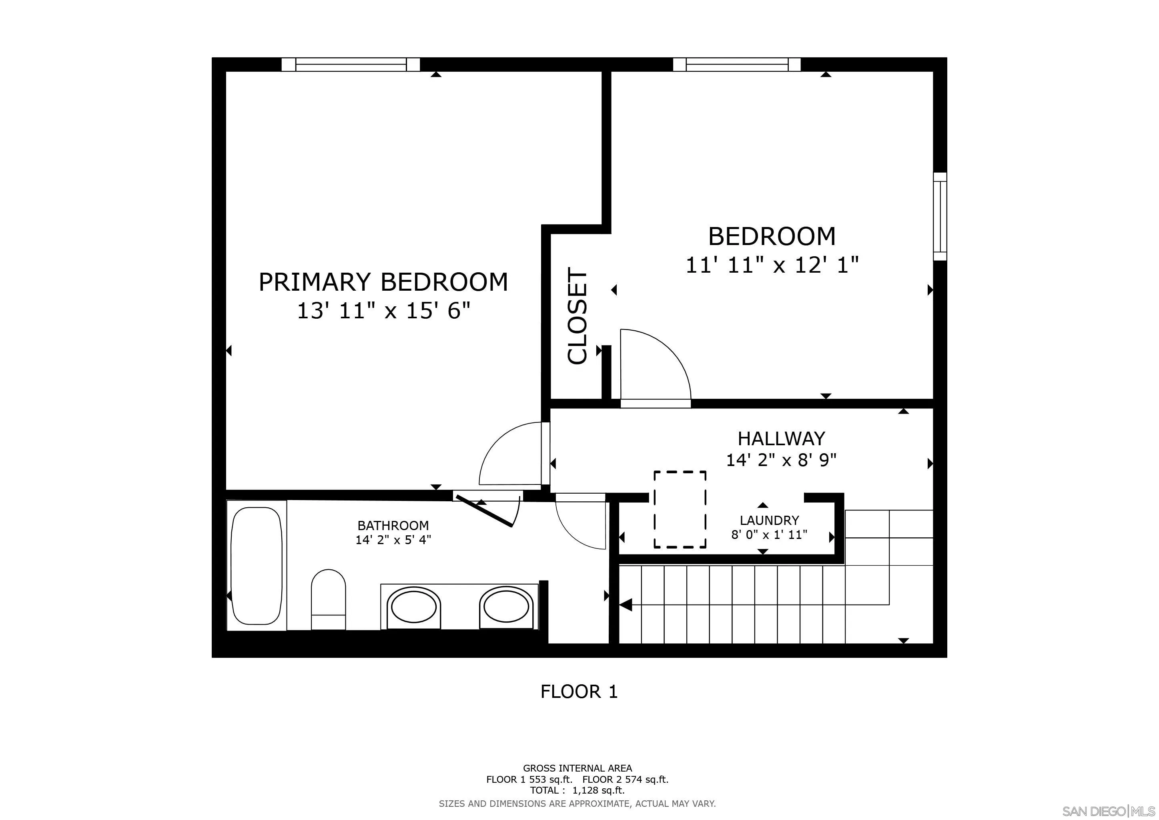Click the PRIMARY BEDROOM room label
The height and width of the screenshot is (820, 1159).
click(x=383, y=282)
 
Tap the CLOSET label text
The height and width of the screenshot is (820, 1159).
click(x=577, y=316)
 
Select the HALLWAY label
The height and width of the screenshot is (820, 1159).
click(x=782, y=438)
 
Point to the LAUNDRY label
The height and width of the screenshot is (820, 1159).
click(x=769, y=520)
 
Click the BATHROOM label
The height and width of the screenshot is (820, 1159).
click(x=393, y=525)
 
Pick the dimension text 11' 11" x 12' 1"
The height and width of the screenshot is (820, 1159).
click(x=772, y=265)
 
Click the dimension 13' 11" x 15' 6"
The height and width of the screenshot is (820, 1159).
click(x=384, y=311)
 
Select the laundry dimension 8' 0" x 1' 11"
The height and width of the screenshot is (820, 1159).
click(x=769, y=535)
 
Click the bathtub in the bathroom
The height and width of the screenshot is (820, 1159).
click(x=257, y=565)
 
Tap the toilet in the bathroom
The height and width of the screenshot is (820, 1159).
click(x=328, y=599)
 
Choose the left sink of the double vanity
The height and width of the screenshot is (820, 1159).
click(x=413, y=607)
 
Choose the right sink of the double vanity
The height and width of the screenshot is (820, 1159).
click(x=506, y=607)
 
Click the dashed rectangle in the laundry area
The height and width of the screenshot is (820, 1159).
click(x=680, y=509)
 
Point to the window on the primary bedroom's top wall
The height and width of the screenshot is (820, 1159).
click(x=350, y=64)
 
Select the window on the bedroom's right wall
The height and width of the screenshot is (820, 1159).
click(x=940, y=216)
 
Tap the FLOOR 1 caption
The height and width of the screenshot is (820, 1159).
click(x=579, y=691)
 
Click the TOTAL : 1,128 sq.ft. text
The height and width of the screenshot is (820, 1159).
click(x=577, y=790)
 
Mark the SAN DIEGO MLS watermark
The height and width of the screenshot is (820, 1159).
click(x=1109, y=811)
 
